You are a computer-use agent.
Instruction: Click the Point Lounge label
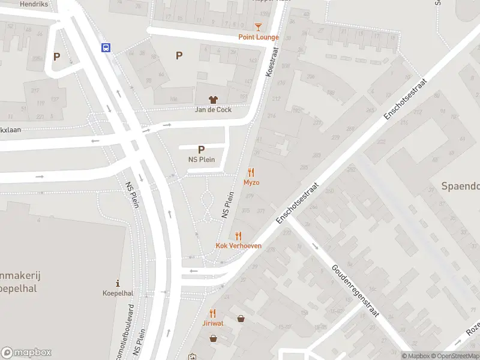click(259, 37)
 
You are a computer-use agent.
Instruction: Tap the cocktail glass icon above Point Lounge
click(258, 27)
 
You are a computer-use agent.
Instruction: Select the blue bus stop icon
click(106, 48)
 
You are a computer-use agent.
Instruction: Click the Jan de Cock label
click(213, 110)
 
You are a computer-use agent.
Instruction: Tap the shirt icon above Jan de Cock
click(213, 100)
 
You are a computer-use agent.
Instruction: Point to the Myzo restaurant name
click(251, 182)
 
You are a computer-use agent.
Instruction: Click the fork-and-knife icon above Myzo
click(251, 172)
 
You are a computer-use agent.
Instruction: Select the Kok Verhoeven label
click(238, 246)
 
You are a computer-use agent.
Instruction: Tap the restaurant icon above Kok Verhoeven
click(238, 236)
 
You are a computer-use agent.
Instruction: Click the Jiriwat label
click(212, 323)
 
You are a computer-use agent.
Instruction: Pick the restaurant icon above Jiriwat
click(212, 313)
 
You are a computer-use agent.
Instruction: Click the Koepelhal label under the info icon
click(118, 294)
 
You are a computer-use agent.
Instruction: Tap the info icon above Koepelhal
click(118, 283)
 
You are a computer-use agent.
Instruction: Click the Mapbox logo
click(26, 353)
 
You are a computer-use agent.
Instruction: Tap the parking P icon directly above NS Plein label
click(201, 149)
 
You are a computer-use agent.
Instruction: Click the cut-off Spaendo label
click(461, 186)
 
